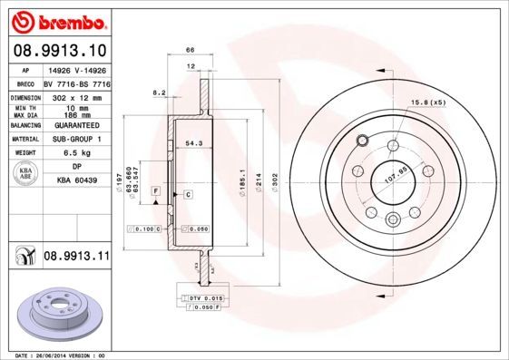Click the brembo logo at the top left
[x=56, y=18]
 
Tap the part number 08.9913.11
[x=76, y=257]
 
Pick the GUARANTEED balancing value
[x=75, y=125]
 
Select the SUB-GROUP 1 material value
[x=75, y=139]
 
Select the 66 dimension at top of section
[x=190, y=52]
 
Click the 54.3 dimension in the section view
[x=193, y=142]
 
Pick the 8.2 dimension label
[x=159, y=92]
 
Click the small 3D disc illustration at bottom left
[x=55, y=311]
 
